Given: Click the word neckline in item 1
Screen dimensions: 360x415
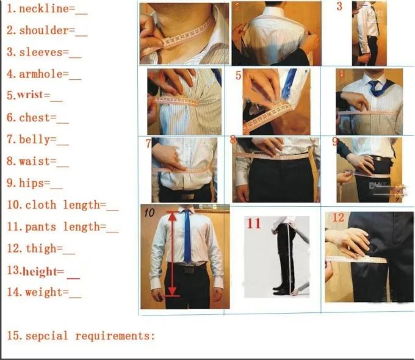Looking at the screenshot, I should [44, 9].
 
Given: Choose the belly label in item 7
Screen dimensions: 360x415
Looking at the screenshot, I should [37, 140].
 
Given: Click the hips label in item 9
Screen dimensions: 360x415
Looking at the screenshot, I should [34, 183].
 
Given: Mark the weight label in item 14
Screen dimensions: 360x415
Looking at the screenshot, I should [43, 292].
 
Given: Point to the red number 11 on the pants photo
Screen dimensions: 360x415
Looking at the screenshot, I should [253, 223].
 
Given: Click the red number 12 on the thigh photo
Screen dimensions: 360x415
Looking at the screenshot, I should [337, 218].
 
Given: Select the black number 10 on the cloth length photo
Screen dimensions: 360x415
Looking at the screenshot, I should [149, 213].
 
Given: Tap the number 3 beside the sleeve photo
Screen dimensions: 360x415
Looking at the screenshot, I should [339, 7].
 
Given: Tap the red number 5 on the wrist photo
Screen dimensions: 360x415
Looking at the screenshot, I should [239, 76].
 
